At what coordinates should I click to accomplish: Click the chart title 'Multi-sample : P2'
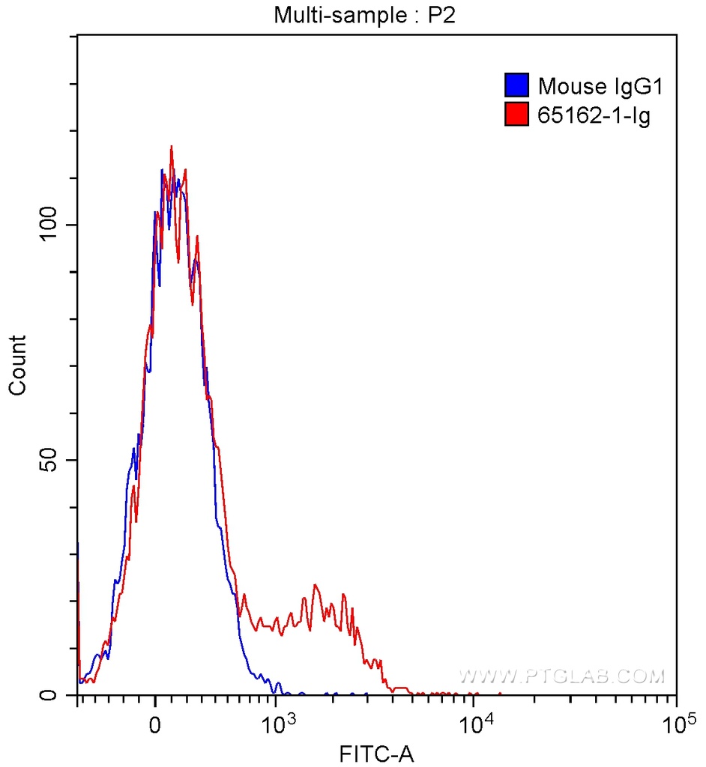coord(365,15)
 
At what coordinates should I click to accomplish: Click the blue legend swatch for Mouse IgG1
coord(516,86)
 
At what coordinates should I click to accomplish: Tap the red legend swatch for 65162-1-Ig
coord(516,115)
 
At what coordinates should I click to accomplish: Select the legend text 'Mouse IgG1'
coord(600,86)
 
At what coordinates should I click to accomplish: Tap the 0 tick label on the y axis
coord(50,695)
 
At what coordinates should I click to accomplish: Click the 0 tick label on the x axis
coord(155,725)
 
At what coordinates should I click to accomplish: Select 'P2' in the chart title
coord(443,15)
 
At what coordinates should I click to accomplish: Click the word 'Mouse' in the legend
coord(567,86)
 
